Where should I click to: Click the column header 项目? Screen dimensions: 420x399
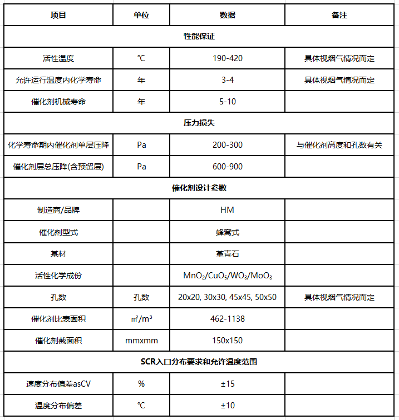point(58,15)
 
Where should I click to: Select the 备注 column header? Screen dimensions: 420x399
point(339,15)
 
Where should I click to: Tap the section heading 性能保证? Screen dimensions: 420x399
point(199,37)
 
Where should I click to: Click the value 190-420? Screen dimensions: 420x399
point(227,58)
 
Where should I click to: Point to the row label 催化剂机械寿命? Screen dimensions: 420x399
point(58,102)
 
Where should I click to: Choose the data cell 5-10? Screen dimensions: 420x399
point(227,102)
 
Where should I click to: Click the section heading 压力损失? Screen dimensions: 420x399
point(199,123)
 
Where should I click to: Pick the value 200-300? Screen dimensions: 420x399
point(227,145)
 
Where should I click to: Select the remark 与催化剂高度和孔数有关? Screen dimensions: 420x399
point(339,145)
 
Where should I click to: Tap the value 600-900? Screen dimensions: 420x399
point(227,167)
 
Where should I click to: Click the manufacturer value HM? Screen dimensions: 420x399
point(227,210)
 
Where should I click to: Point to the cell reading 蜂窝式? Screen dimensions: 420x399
point(227,232)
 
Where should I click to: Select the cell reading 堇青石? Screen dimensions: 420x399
point(227,254)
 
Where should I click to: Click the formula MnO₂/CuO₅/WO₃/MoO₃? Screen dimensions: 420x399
point(227,276)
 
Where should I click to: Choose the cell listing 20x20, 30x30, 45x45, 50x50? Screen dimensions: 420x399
point(227,297)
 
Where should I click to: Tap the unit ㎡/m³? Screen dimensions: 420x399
point(141,319)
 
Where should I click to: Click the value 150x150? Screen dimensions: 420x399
point(227,341)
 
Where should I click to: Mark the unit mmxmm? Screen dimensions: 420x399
point(141,341)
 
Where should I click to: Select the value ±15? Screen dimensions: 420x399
point(227,384)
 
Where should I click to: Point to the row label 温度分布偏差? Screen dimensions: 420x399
point(58,406)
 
